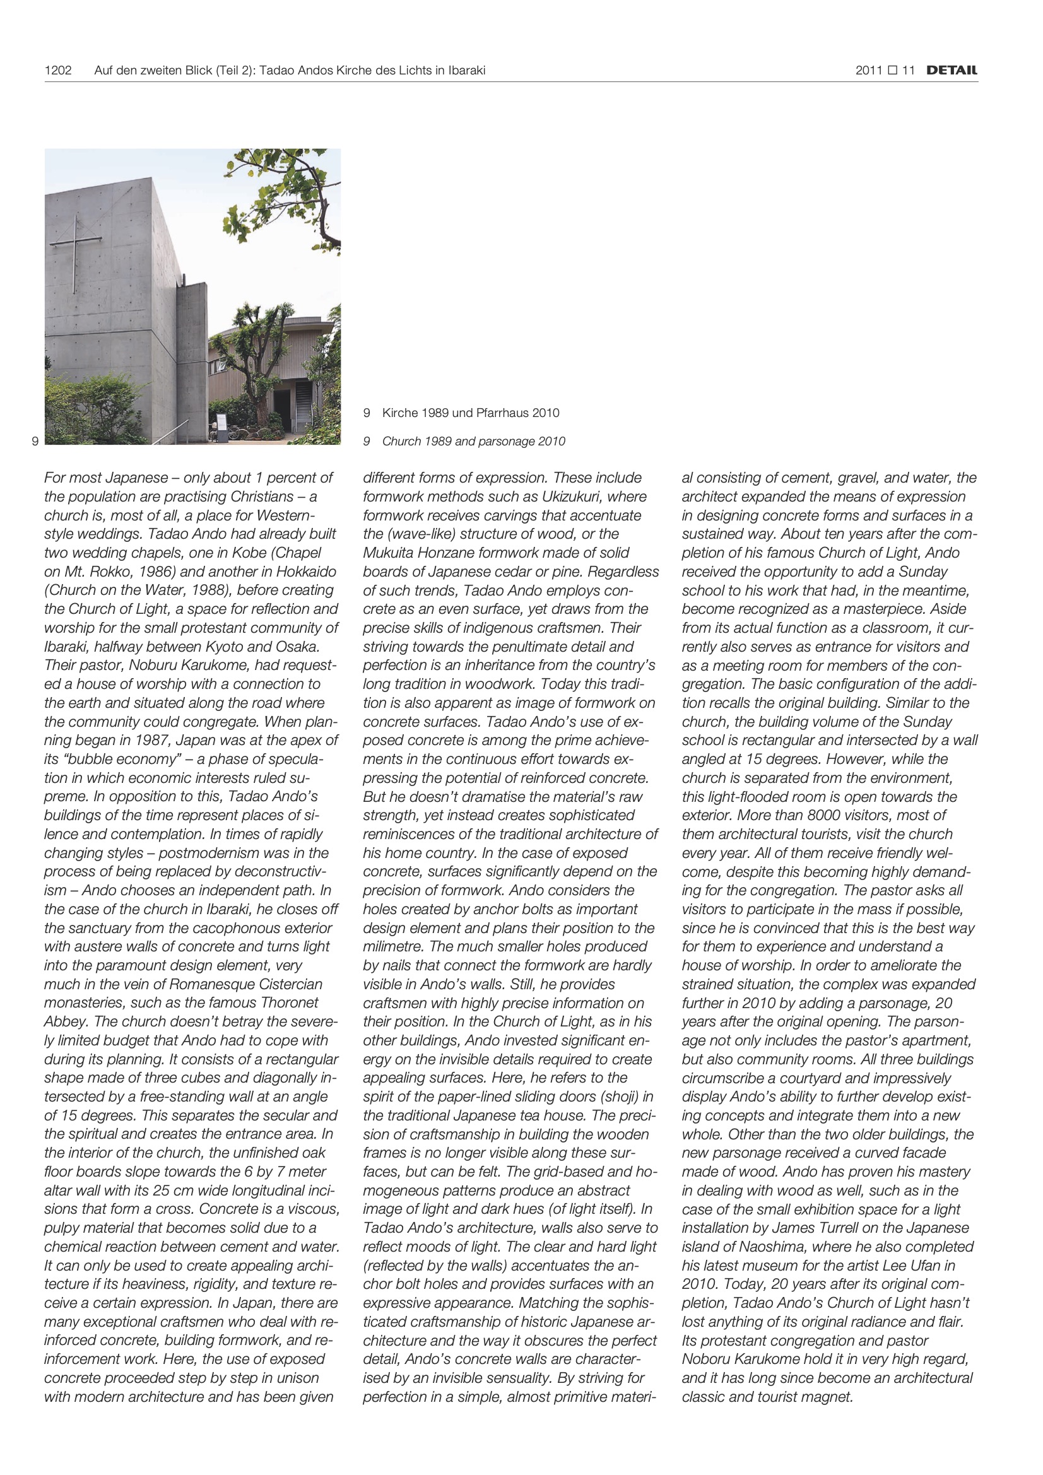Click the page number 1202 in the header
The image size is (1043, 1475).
[x=58, y=71]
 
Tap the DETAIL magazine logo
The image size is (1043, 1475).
[x=952, y=71]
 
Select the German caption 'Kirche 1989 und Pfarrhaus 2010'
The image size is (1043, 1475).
[x=471, y=413]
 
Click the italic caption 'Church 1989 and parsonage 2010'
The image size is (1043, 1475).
[x=474, y=442]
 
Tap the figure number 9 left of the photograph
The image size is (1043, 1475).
[x=35, y=442]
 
